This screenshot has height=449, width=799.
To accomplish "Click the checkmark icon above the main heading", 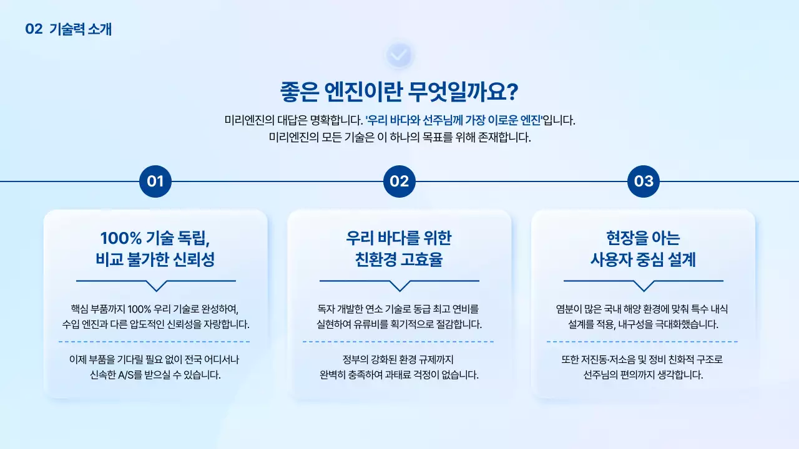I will coord(399,56).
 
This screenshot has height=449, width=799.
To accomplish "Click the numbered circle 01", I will coord(155,181).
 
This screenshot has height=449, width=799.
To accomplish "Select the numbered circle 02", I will coord(399,181).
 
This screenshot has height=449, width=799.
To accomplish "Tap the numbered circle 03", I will coord(644,181).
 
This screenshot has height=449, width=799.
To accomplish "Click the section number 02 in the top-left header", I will coord(33,29).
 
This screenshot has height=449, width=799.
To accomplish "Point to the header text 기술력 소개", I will coord(81,29).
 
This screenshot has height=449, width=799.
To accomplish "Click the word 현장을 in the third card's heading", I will coord(626,238).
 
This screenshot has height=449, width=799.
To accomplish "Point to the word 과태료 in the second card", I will coord(396,375).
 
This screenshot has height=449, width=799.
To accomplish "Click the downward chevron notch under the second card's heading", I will coord(399,286).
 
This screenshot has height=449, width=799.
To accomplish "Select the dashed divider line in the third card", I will coord(642,342).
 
